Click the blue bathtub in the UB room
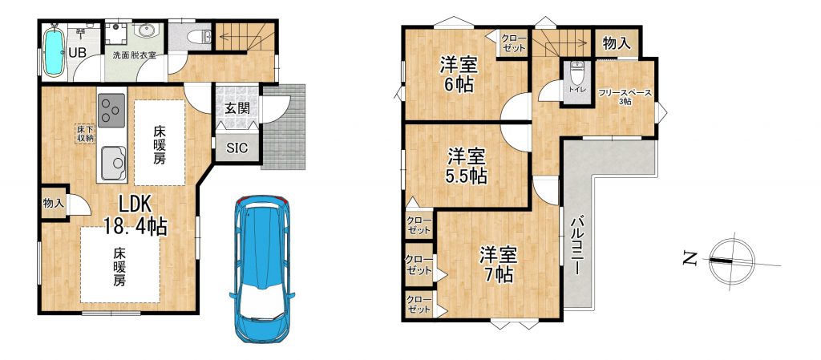coord(54,51)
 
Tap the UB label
coord(79,52)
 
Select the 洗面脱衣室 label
coord(135,55)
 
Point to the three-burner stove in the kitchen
coord(111,110)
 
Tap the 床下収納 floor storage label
coord(83,134)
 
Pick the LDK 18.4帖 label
coord(135,215)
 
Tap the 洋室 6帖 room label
coord(458,75)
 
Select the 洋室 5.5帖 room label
coord(466,167)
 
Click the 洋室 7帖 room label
coord(499,265)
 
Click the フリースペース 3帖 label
coord(625,97)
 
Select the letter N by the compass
coord(690,257)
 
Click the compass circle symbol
coord(732,260)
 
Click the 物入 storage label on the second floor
coord(617,43)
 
